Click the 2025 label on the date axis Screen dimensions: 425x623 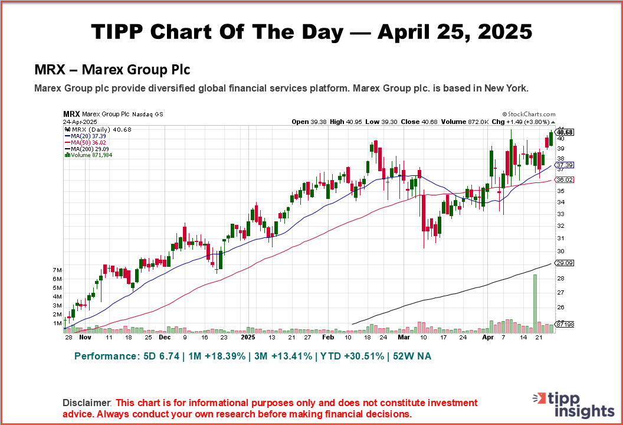click(248, 338)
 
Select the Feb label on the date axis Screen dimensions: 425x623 click(327, 338)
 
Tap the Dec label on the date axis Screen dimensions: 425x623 click(165, 338)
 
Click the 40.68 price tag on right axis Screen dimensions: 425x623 click(565, 132)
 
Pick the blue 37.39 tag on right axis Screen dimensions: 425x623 click(565, 165)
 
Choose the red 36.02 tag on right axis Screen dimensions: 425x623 click(565, 179)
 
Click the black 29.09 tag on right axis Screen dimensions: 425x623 click(565, 263)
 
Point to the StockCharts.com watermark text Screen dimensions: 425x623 click(529, 114)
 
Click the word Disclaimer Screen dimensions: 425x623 click(87, 403)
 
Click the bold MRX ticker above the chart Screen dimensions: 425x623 click(71, 114)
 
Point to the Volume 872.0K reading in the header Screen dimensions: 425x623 click(464, 122)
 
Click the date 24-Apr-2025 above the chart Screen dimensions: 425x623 click(80, 122)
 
